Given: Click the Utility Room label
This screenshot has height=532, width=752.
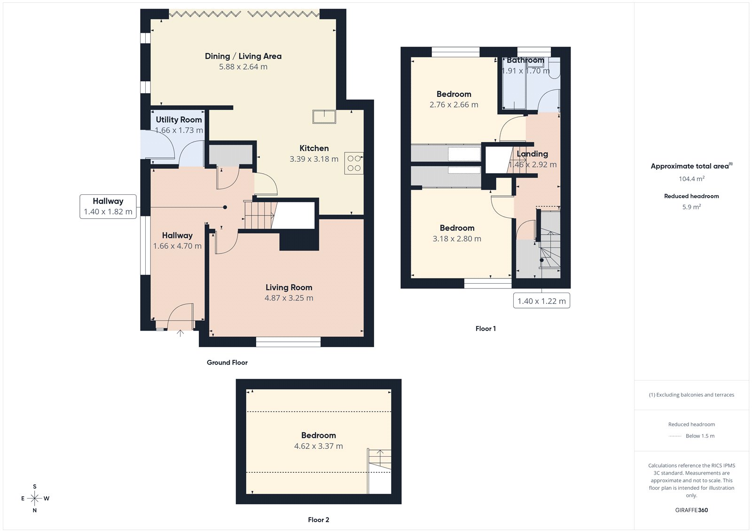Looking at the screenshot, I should click(179, 120).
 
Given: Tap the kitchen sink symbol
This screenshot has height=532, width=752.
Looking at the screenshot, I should click(324, 117).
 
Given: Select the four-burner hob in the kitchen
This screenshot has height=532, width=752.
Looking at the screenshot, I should click(354, 163).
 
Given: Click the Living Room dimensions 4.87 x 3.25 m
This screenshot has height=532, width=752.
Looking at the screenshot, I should click(289, 298).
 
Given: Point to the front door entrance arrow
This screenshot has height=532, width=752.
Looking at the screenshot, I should click(180, 333).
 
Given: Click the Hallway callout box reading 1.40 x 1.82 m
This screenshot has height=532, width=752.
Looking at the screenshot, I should click(108, 206).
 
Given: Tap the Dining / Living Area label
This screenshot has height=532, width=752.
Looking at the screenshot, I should click(243, 56).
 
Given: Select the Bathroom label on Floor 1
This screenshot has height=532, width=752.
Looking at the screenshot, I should click(525, 61).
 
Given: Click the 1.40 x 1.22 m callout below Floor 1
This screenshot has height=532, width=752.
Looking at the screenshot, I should click(541, 301).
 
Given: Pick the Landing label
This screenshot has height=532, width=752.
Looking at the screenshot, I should click(532, 154).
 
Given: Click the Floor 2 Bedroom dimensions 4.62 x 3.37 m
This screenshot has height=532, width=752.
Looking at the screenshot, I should click(318, 446).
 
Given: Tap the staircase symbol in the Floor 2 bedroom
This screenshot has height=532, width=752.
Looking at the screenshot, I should click(379, 463).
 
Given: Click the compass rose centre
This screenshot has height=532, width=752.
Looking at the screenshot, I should click(35, 498).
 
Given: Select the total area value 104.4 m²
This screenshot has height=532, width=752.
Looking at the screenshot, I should click(691, 179).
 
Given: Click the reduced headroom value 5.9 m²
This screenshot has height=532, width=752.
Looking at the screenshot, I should click(691, 207).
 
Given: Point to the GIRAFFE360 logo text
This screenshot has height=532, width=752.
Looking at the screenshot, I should click(691, 510).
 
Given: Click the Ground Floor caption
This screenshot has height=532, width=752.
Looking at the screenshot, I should click(227, 363).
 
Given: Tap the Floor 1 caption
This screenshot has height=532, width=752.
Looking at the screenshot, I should click(486, 329).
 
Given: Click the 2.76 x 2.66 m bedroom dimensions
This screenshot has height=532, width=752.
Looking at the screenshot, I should click(454, 105).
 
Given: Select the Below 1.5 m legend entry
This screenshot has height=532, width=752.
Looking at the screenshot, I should click(699, 436).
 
